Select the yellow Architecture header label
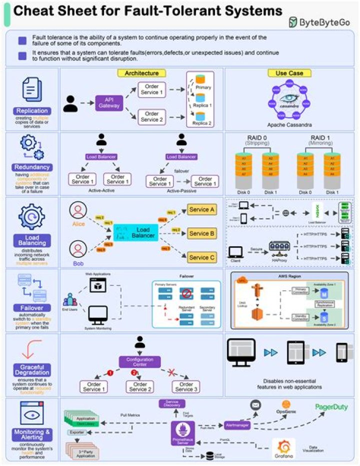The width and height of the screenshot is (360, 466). [141, 73]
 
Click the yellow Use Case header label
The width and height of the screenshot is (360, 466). [292, 73]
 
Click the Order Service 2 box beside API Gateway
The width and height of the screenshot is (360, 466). [150, 117]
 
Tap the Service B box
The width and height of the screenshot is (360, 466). [202, 233]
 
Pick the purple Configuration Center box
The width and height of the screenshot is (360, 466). [139, 361]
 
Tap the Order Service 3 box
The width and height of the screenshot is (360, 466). [185, 386]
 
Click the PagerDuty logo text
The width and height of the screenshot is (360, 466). [331, 406]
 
